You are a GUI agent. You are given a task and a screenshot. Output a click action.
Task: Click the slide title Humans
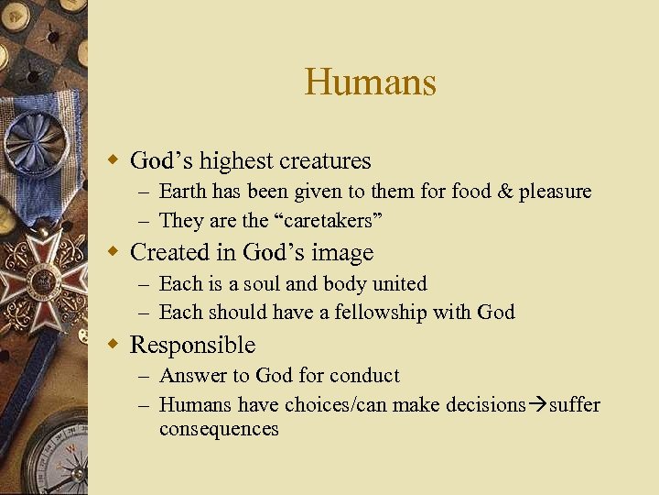tap(370, 82)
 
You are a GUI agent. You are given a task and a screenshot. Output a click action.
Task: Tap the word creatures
tap(325, 161)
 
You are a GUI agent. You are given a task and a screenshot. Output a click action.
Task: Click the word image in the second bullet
tap(341, 252)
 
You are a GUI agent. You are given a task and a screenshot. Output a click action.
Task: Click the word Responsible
tap(192, 345)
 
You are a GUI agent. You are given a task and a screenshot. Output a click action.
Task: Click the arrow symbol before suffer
tap(536, 405)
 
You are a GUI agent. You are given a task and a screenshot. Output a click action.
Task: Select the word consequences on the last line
tap(219, 429)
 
